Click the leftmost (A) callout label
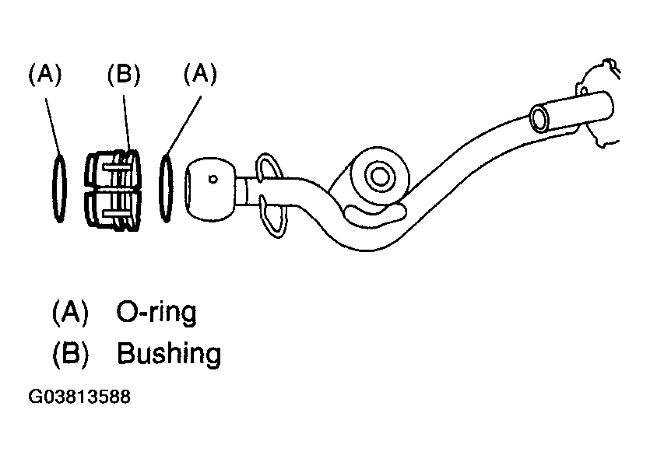click(x=45, y=75)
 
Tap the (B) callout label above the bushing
click(x=124, y=75)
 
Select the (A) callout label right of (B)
click(x=200, y=75)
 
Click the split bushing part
click(x=113, y=191)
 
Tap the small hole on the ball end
click(x=213, y=180)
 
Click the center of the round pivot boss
click(x=379, y=177)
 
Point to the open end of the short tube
click(x=539, y=118)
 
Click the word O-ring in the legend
click(x=156, y=313)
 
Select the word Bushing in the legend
click(x=169, y=353)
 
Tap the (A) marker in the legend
click(x=71, y=312)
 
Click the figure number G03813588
click(x=79, y=397)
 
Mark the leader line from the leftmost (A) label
click(x=53, y=127)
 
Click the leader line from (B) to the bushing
click(x=127, y=123)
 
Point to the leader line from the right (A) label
click(x=184, y=125)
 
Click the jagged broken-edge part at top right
click(x=599, y=103)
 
